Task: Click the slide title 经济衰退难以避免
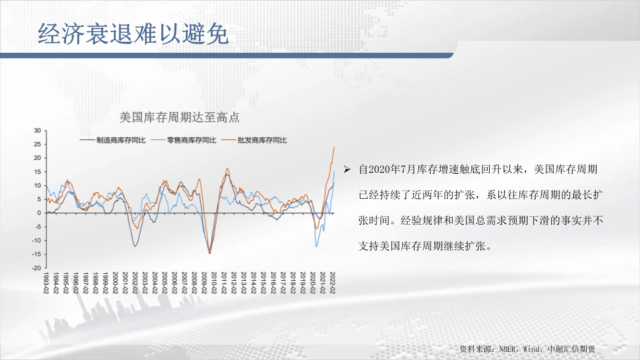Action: click(133, 34)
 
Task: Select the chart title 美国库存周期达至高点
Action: click(180, 118)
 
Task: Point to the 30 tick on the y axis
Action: click(37, 131)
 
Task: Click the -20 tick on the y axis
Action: click(36, 268)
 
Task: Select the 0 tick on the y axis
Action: click(39, 213)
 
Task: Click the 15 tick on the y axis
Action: click(37, 172)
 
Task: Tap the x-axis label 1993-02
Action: click(46, 283)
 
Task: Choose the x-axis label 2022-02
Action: click(332, 283)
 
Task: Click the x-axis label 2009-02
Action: click(204, 283)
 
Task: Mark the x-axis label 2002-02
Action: click(135, 283)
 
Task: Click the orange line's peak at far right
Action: click(334, 147)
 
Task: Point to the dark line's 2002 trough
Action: click(135, 246)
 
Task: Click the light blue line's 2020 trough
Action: click(316, 247)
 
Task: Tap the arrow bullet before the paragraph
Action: click(347, 169)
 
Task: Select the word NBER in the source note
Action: click(507, 349)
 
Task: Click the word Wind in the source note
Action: click(531, 349)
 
